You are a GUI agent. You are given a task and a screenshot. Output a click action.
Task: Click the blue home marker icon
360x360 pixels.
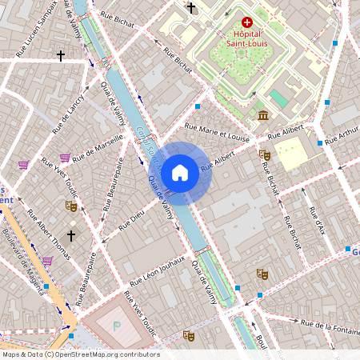tap(180, 173)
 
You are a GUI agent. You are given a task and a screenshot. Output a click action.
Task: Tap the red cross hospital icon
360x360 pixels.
tap(247, 24)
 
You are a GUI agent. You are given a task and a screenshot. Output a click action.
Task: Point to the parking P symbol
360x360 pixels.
tap(118, 326)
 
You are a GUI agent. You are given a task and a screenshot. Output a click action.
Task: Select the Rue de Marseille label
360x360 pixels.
tap(98, 149)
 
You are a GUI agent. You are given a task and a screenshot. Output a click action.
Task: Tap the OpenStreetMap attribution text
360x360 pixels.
tap(80, 354)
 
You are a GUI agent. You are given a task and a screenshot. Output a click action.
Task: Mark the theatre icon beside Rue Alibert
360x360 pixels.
tap(265, 155)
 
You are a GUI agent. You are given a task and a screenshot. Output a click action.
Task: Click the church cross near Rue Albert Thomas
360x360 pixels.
tap(71, 236)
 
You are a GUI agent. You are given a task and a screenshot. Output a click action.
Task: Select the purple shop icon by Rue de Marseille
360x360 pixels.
tap(65, 158)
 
